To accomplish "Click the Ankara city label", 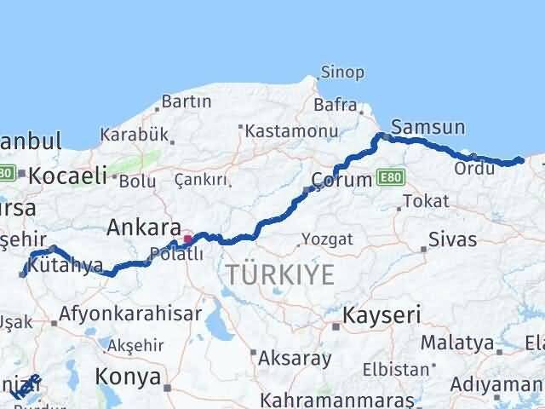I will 143,228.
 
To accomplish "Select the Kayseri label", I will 381,315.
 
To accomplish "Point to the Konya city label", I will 128,376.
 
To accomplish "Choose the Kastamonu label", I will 281,131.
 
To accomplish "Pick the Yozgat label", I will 327,239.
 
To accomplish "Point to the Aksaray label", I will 295,358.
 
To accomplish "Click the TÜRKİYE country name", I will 280,274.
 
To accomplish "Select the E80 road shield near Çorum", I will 392,177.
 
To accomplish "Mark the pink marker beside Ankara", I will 188,228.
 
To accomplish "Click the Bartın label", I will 186,101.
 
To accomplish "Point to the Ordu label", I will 470,169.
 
